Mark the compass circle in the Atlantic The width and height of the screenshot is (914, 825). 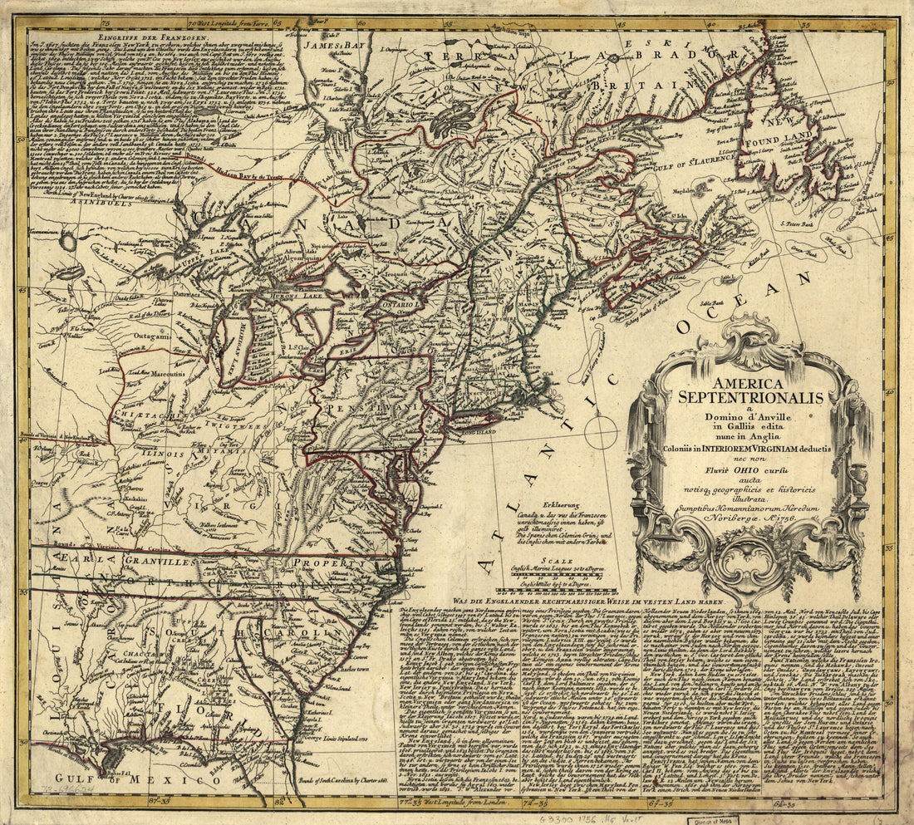click(601, 433)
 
